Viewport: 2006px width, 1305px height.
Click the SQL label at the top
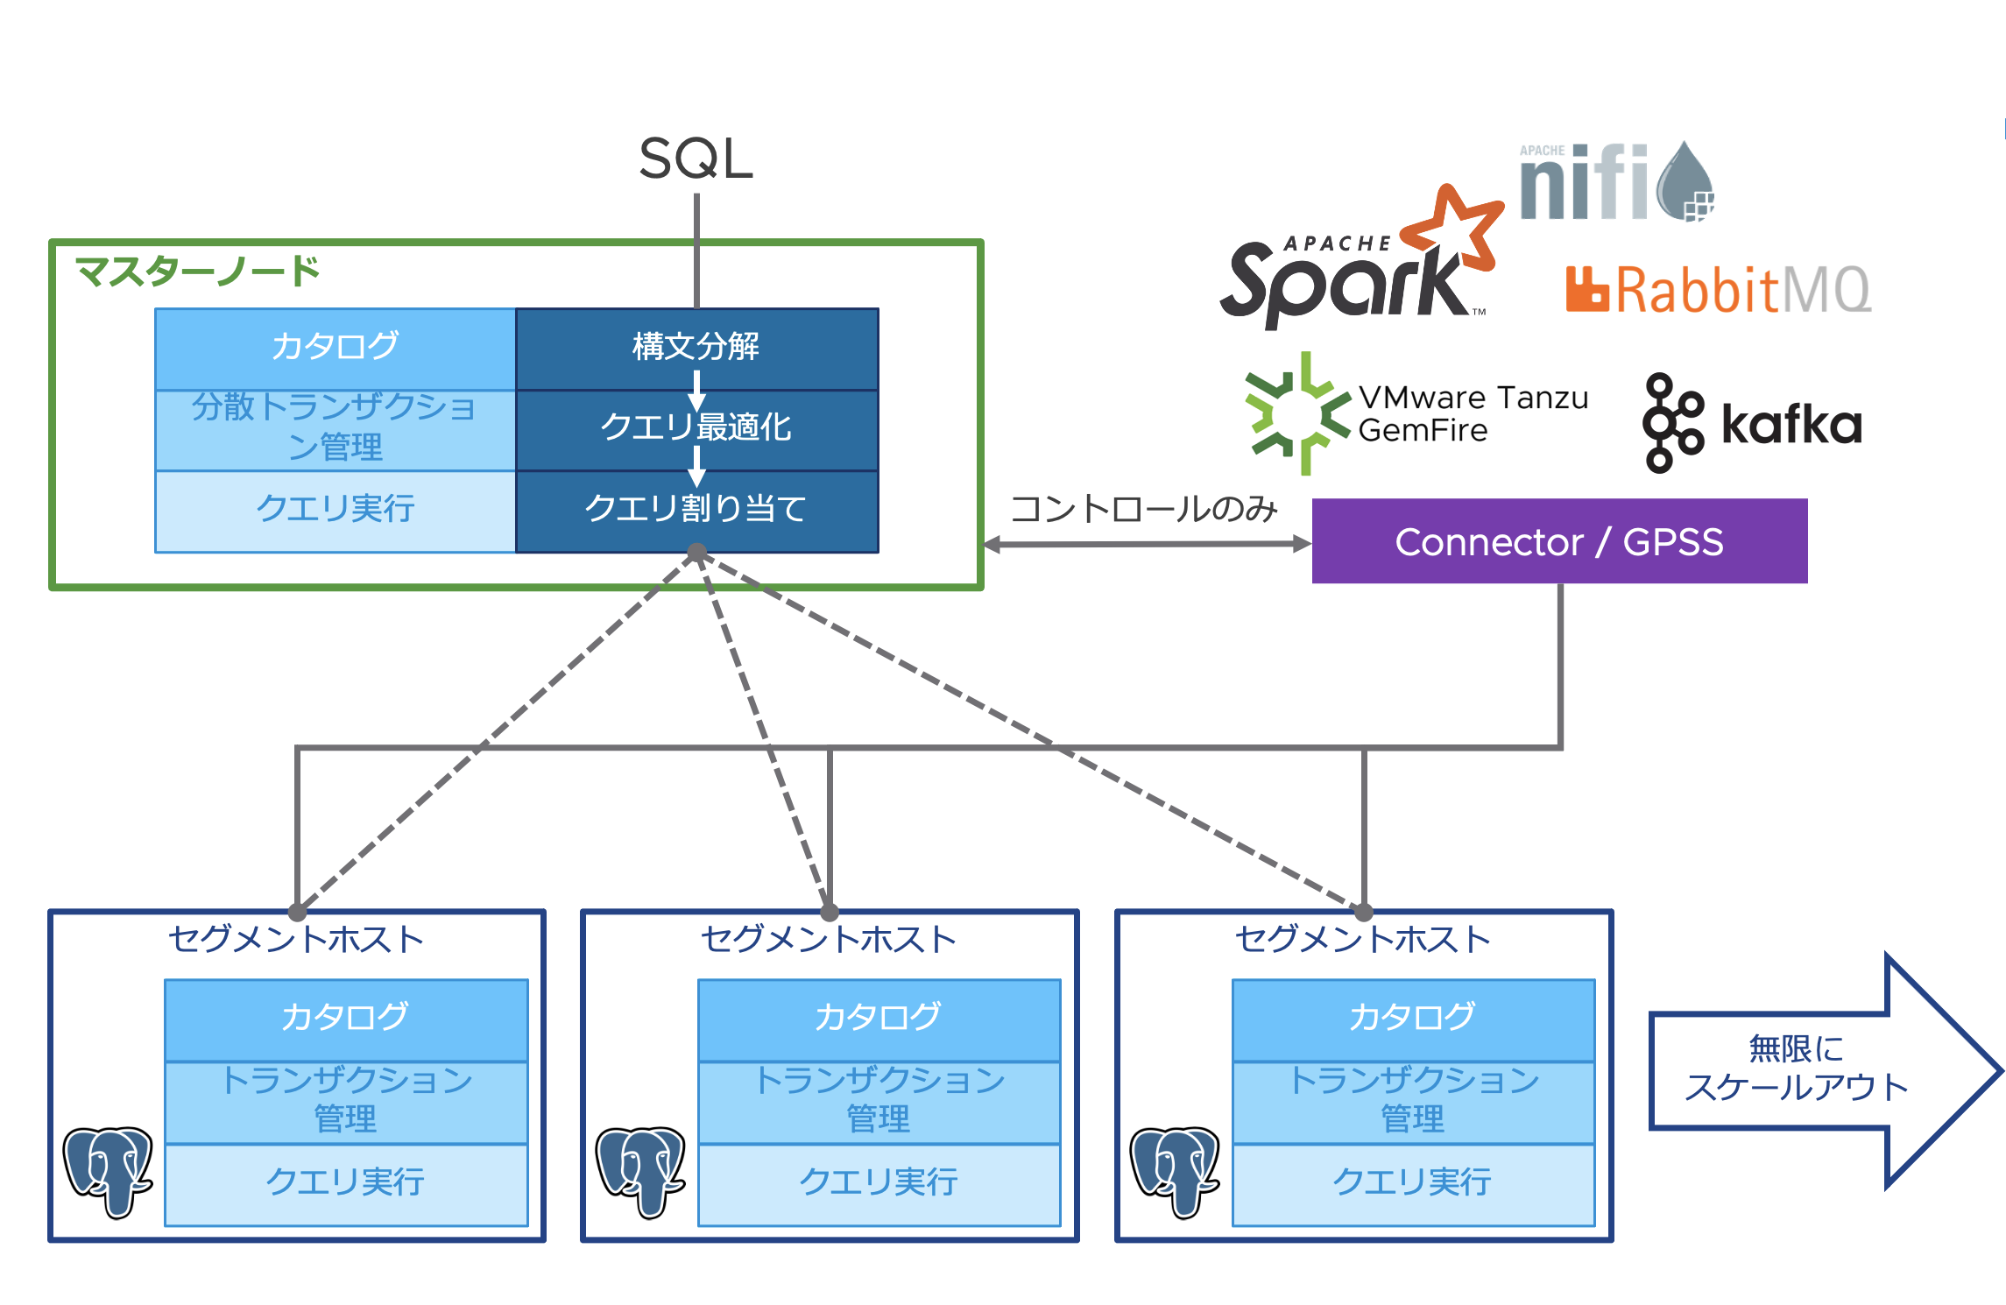click(696, 159)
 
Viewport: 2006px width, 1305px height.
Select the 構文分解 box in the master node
click(696, 348)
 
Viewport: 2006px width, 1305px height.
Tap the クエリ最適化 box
click(696, 428)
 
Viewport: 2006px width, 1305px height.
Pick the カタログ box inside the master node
click(336, 348)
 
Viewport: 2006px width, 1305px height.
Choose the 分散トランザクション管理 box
click(336, 428)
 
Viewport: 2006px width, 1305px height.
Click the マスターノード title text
click(197, 272)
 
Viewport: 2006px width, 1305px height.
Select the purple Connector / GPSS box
click(1559, 541)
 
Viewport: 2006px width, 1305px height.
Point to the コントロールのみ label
click(1143, 509)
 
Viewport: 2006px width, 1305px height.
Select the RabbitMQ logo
click(1717, 290)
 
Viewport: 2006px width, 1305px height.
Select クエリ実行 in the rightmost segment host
click(1413, 1182)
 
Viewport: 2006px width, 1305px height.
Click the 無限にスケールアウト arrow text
click(1796, 1069)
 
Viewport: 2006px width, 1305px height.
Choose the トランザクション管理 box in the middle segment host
click(879, 1100)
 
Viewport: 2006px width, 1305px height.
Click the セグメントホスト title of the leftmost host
click(296, 940)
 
